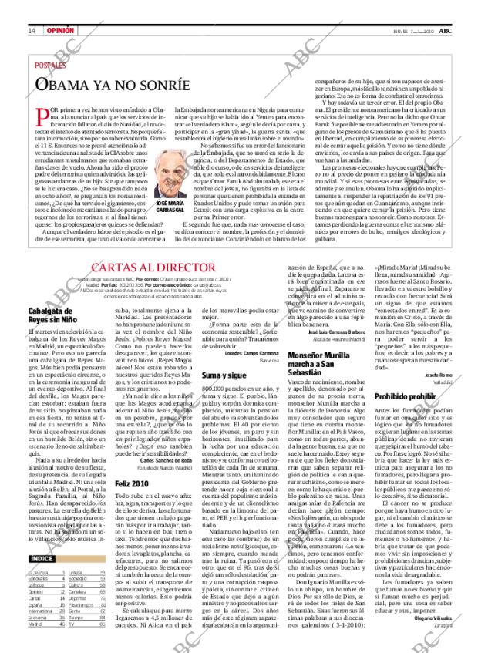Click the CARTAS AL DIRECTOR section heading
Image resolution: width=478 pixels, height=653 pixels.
152,266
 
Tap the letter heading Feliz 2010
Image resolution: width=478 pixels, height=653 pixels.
130,483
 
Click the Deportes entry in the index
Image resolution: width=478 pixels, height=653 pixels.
78,598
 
